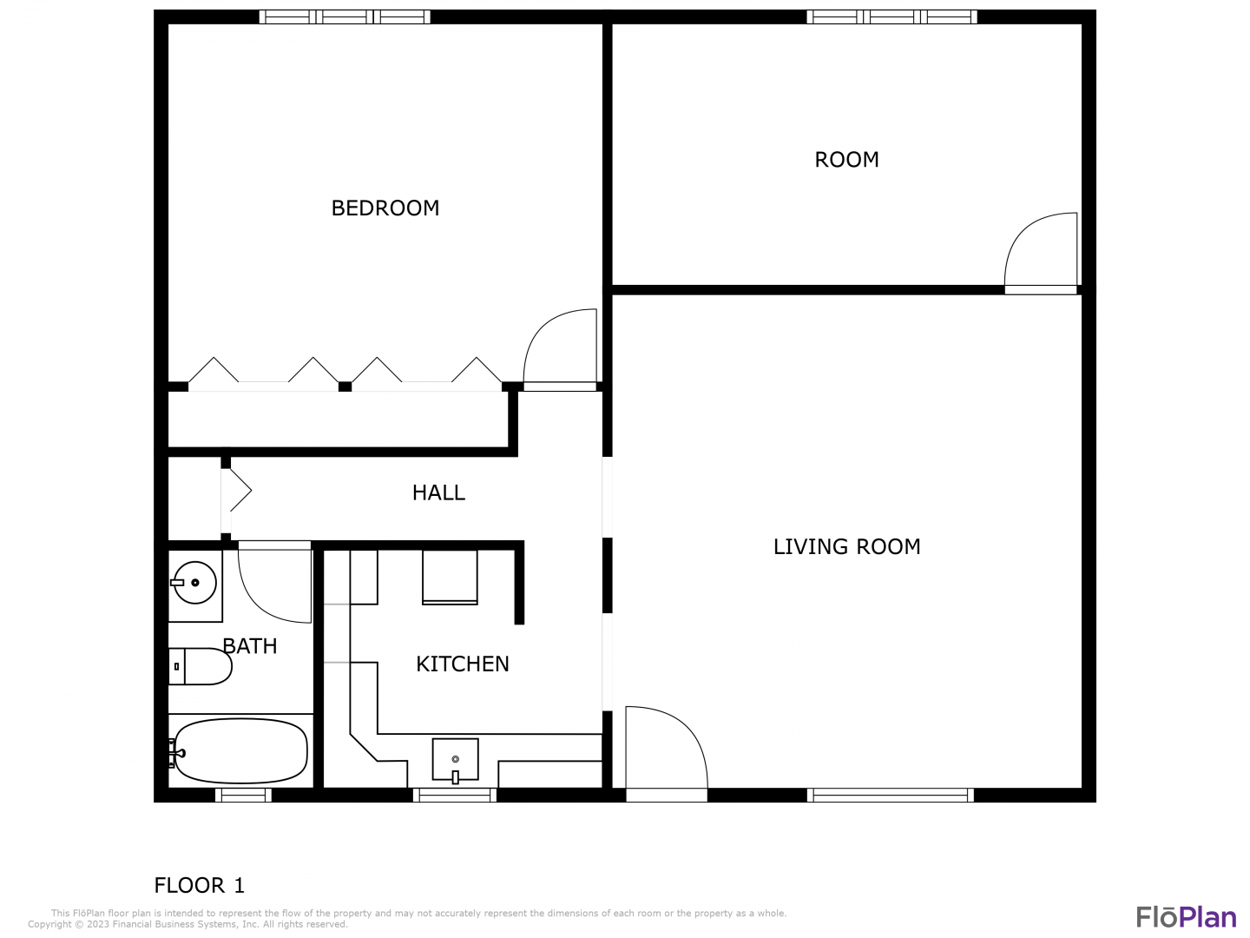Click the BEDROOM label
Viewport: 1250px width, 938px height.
point(385,208)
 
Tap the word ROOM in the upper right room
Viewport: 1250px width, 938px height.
point(846,160)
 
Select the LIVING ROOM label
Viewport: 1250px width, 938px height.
point(846,547)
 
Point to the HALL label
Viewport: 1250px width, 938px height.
point(438,492)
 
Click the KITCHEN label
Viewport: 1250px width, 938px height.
point(463,664)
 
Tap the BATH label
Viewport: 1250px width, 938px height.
point(249,646)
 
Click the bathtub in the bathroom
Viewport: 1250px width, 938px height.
point(241,750)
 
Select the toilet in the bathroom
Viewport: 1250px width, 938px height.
point(201,666)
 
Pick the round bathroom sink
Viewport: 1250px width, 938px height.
point(194,583)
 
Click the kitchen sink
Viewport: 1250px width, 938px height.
point(455,760)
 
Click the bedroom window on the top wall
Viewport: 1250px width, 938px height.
point(345,17)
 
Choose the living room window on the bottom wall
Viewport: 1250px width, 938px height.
point(890,795)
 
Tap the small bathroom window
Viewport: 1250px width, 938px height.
point(243,795)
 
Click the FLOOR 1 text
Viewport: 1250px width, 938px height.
point(200,886)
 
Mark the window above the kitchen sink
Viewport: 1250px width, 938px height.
point(455,795)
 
